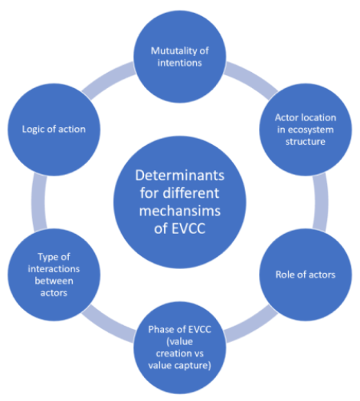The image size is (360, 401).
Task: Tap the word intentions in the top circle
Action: (179, 63)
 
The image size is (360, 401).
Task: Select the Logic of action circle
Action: (54, 130)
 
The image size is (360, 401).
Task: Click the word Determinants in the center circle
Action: (179, 176)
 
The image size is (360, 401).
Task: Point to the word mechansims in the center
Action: (179, 211)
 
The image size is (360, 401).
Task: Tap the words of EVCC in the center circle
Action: (179, 228)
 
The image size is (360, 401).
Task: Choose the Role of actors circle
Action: (306, 274)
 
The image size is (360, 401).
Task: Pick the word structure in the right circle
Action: (306, 142)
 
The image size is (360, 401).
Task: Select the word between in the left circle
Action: (54, 281)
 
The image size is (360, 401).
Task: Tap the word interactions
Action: (54, 269)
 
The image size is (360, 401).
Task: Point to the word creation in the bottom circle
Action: (172, 353)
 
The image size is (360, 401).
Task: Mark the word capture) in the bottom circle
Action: (195, 366)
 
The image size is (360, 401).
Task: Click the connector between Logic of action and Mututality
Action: (109, 80)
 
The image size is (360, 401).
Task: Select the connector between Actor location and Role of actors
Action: (320, 202)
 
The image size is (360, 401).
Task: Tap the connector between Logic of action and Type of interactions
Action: (39, 202)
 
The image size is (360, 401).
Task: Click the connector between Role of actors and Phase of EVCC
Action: (251, 324)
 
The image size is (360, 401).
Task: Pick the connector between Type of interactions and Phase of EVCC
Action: (109, 324)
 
